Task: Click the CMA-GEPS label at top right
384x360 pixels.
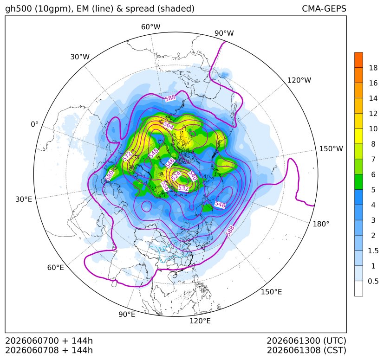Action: pyautogui.click(x=324, y=8)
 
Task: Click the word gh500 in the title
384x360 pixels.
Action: pyautogui.click(x=19, y=9)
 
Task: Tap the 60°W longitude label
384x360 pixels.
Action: pyautogui.click(x=150, y=27)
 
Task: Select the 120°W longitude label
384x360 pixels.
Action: pyautogui.click(x=299, y=80)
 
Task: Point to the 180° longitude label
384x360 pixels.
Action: pyautogui.click(x=321, y=224)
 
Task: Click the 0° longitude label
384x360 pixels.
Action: pyautogui.click(x=35, y=124)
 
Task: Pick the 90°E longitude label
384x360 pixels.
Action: pyautogui.click(x=127, y=314)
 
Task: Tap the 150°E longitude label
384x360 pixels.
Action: pyautogui.click(x=271, y=292)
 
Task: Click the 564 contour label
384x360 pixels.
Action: pyautogui.click(x=168, y=125)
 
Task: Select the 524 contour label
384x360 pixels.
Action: pyautogui.click(x=176, y=176)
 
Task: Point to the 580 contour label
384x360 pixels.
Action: pyautogui.click(x=110, y=176)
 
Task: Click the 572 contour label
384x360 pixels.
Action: pyautogui.click(x=127, y=157)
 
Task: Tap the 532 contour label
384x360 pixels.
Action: pyautogui.click(x=183, y=188)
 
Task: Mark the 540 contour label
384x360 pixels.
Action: pyautogui.click(x=193, y=175)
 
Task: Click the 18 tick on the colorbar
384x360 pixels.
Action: pyautogui.click(x=373, y=68)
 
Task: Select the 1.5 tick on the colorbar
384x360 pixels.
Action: pyautogui.click(x=373, y=251)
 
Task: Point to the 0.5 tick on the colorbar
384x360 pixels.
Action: pyautogui.click(x=373, y=281)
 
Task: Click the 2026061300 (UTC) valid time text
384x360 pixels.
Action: pyautogui.click(x=306, y=341)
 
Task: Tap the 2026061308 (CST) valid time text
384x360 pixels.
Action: pyautogui.click(x=306, y=350)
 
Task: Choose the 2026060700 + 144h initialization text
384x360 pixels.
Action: pyautogui.click(x=49, y=341)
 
